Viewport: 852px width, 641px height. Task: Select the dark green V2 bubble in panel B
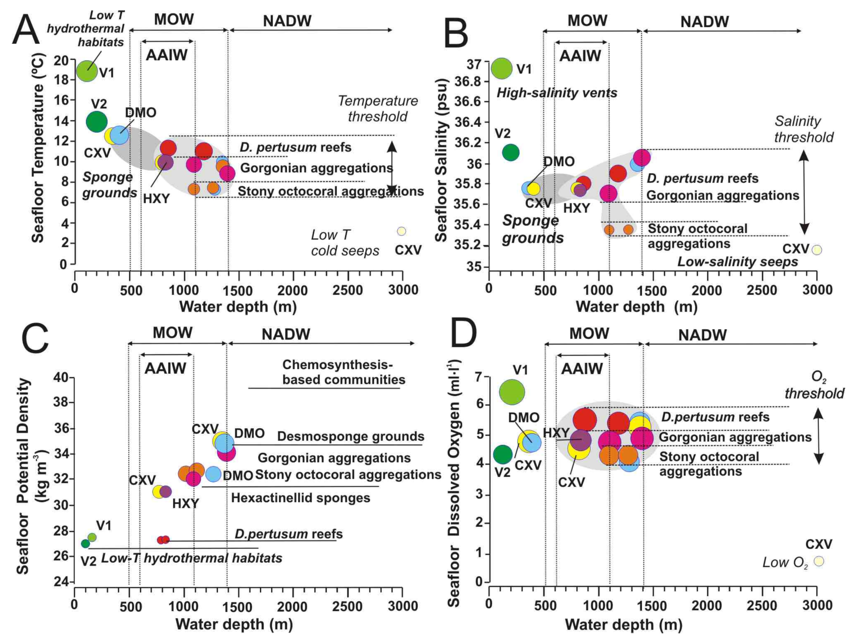pos(511,152)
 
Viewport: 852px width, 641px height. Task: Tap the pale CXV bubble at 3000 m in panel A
pos(401,231)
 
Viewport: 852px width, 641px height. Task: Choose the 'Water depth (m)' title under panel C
pos(234,624)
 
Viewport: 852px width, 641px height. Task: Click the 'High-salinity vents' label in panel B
pos(557,93)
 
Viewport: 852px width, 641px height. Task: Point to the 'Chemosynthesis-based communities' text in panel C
pos(344,372)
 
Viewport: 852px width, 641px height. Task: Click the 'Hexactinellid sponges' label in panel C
pos(300,498)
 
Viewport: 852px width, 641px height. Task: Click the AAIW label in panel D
pos(582,369)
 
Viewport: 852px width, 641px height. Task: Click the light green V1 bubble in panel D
pos(512,392)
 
